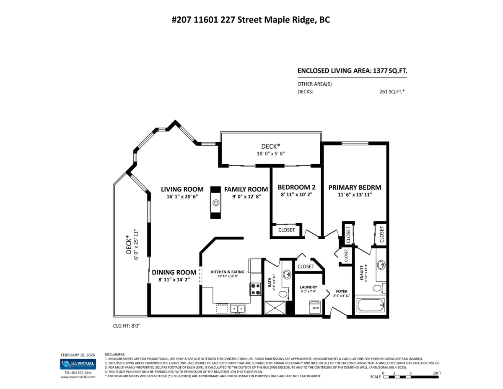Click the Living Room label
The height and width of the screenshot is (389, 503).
(x=182, y=189)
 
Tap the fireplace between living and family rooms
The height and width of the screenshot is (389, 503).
(x=215, y=203)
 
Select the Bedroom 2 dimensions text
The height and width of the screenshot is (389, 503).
(x=296, y=195)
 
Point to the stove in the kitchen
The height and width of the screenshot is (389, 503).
(x=256, y=289)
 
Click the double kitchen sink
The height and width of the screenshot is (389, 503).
(x=237, y=309)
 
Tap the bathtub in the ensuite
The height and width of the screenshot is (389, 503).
(x=370, y=304)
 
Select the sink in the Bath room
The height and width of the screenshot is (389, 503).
(x=287, y=275)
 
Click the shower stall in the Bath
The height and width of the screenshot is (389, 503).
(x=275, y=308)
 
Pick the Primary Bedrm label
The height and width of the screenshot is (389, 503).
(x=355, y=188)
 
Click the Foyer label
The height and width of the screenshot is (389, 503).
(x=342, y=291)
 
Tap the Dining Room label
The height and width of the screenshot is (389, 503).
(x=174, y=272)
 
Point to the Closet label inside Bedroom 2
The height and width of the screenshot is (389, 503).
(x=287, y=230)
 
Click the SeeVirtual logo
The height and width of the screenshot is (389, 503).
(x=78, y=364)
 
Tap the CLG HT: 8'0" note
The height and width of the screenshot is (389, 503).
(x=127, y=325)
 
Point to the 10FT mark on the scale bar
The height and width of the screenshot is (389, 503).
(x=436, y=373)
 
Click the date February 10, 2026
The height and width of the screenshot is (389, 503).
(x=78, y=355)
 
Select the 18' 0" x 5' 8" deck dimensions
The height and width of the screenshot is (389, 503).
(x=270, y=154)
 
